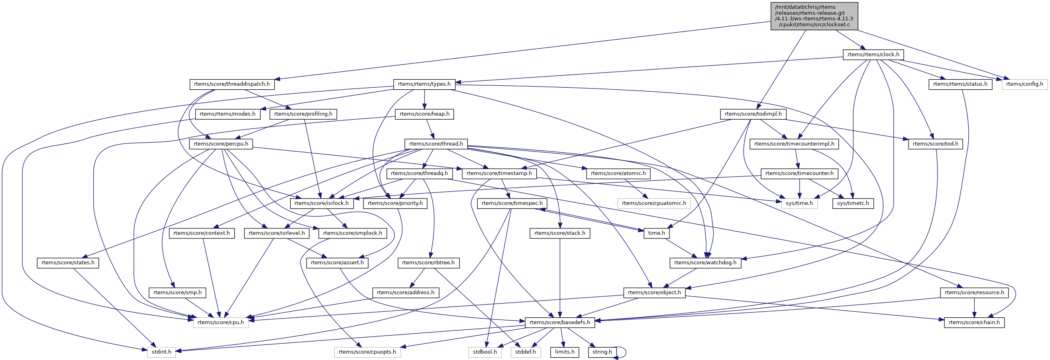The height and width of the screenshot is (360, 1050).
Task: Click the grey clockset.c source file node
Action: pyautogui.click(x=814, y=16)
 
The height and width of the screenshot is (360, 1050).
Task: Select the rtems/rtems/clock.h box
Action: pyautogui.click(x=873, y=54)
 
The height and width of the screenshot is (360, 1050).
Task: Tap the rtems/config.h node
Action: pyautogui.click(x=1024, y=84)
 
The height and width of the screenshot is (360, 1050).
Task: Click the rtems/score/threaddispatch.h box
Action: pyautogui.click(x=232, y=84)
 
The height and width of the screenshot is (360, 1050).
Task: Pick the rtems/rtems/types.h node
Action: pyautogui.click(x=424, y=84)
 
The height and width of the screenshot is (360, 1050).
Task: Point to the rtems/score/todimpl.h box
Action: pyautogui.click(x=753, y=114)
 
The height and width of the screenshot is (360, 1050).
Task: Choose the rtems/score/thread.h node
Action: pyautogui.click(x=436, y=144)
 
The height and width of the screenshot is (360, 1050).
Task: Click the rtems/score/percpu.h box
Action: pyautogui.click(x=220, y=144)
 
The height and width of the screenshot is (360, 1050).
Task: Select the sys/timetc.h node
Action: pyautogui.click(x=853, y=203)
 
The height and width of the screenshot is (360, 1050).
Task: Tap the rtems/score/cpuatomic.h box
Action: pyautogui.click(x=654, y=203)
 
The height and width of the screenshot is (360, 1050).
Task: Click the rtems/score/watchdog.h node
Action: pyautogui.click(x=705, y=263)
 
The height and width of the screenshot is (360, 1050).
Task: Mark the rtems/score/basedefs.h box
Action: pyautogui.click(x=559, y=322)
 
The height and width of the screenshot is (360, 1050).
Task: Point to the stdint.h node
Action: pyautogui.click(x=161, y=352)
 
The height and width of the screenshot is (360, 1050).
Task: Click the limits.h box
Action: pyautogui.click(x=565, y=352)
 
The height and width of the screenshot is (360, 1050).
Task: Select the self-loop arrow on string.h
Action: pyautogui.click(x=625, y=352)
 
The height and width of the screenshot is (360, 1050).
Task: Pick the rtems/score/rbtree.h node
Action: pyautogui.click(x=428, y=263)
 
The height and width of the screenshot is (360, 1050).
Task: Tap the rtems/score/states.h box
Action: pyautogui.click(x=68, y=263)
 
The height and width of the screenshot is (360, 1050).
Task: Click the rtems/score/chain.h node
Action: pyautogui.click(x=974, y=322)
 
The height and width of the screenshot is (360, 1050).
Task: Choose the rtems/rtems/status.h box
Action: pyautogui.click(x=960, y=84)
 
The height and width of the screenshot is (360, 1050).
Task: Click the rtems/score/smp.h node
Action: pyautogui.click(x=177, y=292)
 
